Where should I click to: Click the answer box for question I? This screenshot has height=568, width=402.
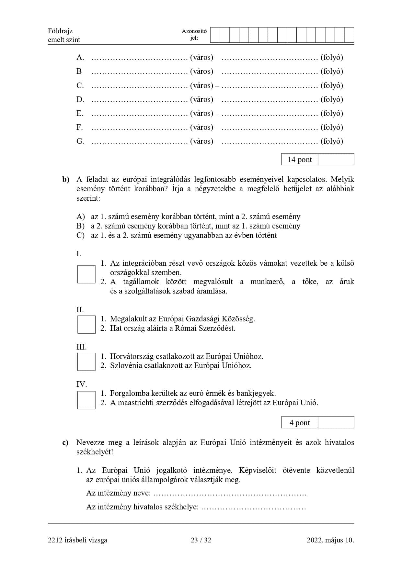tap(86, 274)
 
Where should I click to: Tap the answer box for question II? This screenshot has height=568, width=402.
tap(86, 324)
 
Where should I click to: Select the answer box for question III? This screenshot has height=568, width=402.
tap(86, 362)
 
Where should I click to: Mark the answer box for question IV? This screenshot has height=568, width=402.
tap(86, 400)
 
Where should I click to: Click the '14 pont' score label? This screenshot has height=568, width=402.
tap(300, 160)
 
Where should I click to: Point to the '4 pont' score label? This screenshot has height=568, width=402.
tap(300, 423)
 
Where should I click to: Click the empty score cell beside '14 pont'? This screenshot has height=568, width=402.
tap(336, 159)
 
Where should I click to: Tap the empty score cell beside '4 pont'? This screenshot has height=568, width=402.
tap(336, 422)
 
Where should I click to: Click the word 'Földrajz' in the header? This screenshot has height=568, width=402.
tap(60, 31)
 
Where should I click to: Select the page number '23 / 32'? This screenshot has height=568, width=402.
tap(201, 540)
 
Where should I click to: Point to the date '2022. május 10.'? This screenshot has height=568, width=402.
tap(330, 540)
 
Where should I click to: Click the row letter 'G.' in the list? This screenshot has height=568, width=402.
tap(80, 141)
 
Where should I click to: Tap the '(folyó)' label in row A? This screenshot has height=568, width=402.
tap(332, 57)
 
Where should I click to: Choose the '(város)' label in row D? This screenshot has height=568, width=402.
tap(201, 99)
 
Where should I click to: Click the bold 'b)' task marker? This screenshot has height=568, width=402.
tap(66, 180)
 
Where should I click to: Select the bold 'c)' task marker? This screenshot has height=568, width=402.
tap(65, 443)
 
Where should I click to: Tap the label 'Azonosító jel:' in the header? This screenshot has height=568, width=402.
tap(194, 35)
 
